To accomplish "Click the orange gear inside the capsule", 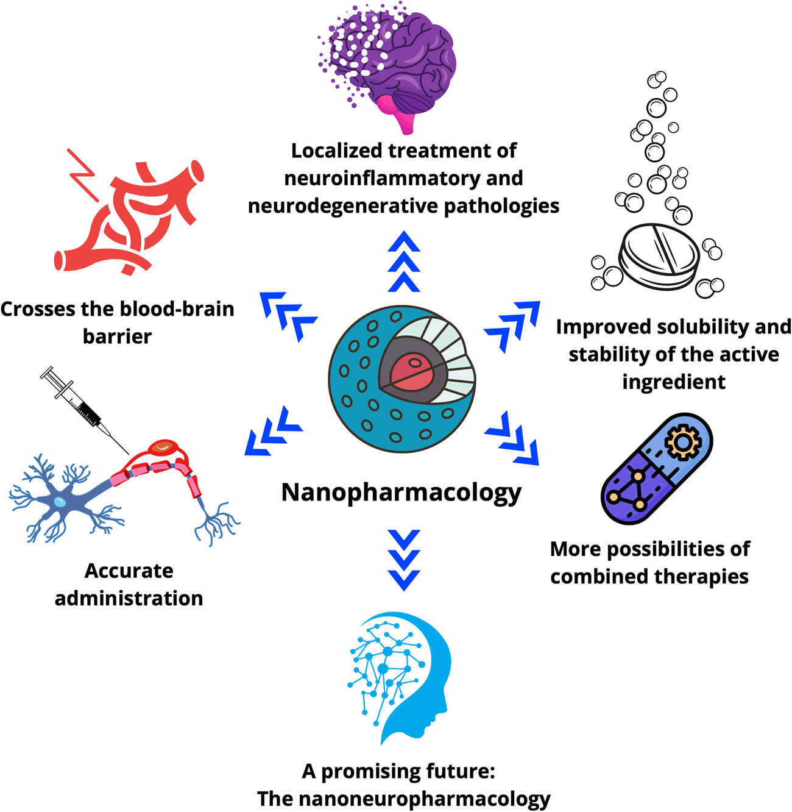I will [679, 443].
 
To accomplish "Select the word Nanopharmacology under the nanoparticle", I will [401, 492].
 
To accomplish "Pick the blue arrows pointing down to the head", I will [403, 560].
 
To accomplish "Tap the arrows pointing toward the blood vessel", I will [288, 312].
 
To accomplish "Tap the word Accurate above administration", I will [129, 571].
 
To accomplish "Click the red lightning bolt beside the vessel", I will [85, 177].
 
